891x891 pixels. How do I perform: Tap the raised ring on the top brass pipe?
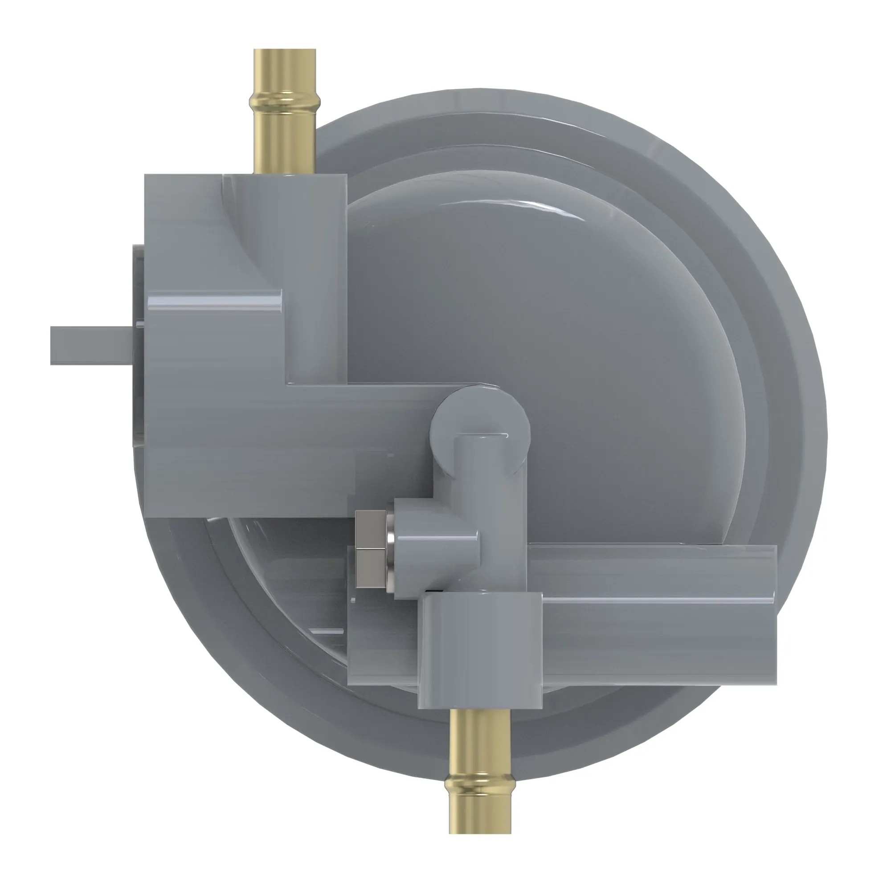click(285, 99)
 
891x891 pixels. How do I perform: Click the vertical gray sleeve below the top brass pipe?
click(318, 277)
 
